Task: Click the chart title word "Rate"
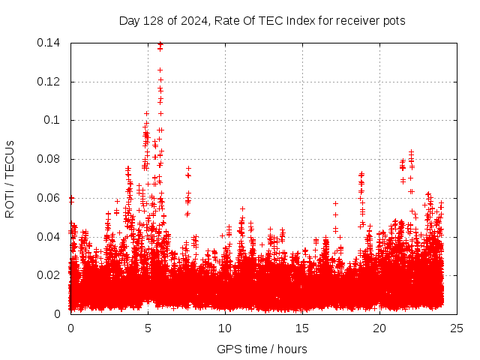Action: click(229, 21)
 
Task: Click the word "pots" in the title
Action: click(393, 21)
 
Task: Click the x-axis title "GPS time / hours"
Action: click(262, 349)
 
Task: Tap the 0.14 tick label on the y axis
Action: click(49, 43)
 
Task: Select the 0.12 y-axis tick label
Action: click(49, 82)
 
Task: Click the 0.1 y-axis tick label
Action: click(52, 120)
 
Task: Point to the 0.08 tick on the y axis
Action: click(49, 159)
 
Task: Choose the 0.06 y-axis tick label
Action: click(49, 198)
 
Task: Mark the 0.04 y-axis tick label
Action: click(49, 237)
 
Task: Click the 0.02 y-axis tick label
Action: click(49, 275)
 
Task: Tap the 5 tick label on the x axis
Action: click(148, 328)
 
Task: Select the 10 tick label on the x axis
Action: click(225, 328)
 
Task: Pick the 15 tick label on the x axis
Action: click(302, 328)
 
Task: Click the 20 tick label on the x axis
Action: click(379, 328)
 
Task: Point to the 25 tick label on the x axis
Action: click(457, 328)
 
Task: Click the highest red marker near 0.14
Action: click(160, 44)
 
